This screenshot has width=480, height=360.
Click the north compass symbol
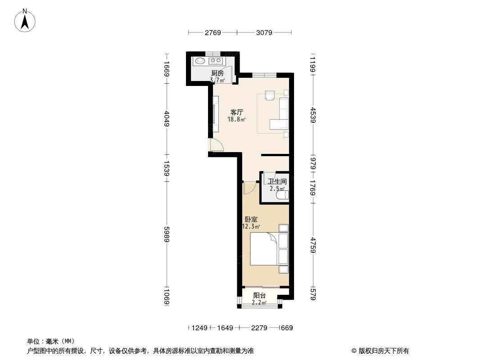coord(25,21)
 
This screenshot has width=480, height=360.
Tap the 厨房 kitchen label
coord(217,73)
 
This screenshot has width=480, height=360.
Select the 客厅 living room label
coord(237,112)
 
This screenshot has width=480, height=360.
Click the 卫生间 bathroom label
coord(277,182)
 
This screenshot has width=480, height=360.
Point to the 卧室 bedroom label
coord(251,220)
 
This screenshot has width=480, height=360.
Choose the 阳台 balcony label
coord(259,296)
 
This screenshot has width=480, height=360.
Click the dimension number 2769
coord(213,33)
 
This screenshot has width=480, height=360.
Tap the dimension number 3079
coord(264,33)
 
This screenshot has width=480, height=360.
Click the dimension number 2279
coord(259,328)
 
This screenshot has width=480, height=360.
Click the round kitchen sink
coord(200,61)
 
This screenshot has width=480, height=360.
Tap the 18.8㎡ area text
coord(236,120)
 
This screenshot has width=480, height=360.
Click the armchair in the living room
coord(270,95)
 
